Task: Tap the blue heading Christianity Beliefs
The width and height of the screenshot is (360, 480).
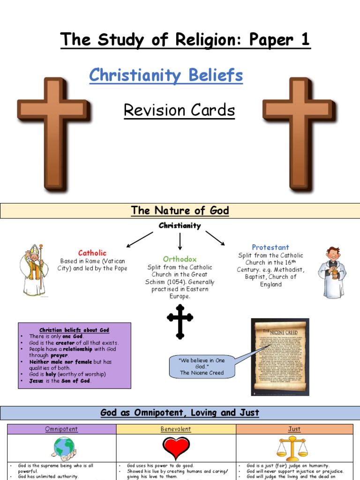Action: coord(166,75)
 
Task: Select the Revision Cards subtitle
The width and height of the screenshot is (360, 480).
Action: coord(179,110)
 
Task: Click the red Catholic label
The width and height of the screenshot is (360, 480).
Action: coord(92,253)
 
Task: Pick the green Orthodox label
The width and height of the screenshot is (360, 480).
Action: coord(180,259)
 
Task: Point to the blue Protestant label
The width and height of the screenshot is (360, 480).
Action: coord(270,247)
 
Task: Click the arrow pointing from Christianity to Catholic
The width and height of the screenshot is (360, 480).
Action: coord(139,240)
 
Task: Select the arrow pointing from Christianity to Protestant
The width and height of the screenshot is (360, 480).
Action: coord(215,238)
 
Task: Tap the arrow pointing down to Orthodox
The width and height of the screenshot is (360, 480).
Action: coord(180,242)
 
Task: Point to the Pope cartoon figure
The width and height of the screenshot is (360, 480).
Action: coord(34,270)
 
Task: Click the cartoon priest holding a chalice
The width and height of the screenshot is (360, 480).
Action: coord(332,272)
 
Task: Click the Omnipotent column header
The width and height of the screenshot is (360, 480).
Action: coord(61,429)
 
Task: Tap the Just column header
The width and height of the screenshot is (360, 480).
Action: coord(294,429)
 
